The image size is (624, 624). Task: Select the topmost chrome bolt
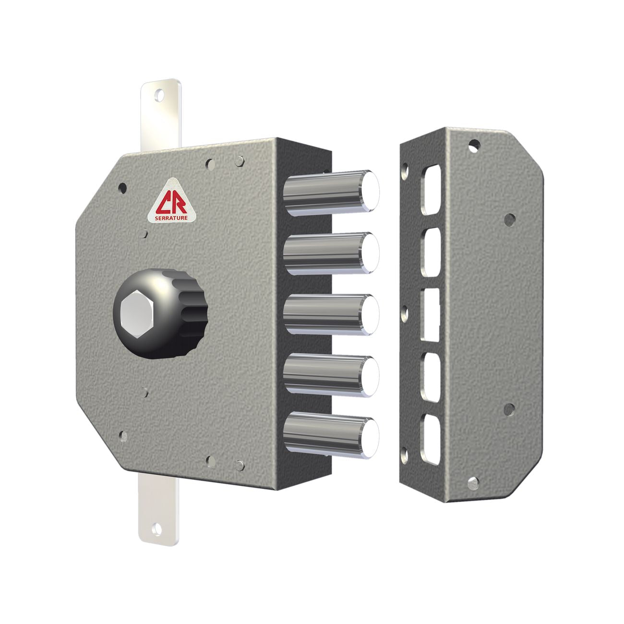point(331,193)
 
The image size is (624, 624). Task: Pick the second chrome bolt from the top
point(331,253)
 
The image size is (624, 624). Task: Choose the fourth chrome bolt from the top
point(331,376)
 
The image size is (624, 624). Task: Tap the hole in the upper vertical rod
point(159,96)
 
